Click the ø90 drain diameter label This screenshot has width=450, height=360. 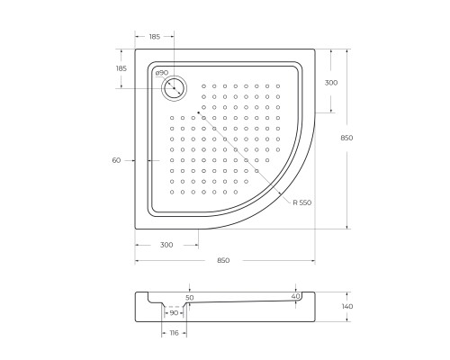pyautogui.click(x=162, y=73)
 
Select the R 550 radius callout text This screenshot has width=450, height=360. pyautogui.click(x=302, y=202)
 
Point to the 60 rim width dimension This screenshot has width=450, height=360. pyautogui.click(x=116, y=160)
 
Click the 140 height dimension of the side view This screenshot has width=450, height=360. pyautogui.click(x=347, y=306)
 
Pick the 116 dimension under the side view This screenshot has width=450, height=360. pyautogui.click(x=174, y=333)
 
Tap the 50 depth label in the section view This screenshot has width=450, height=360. pyautogui.click(x=190, y=298)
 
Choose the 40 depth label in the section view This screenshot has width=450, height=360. pyautogui.click(x=296, y=296)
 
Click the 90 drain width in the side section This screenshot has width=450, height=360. pyautogui.click(x=174, y=313)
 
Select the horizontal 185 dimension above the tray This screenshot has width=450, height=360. pyautogui.click(x=155, y=37)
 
